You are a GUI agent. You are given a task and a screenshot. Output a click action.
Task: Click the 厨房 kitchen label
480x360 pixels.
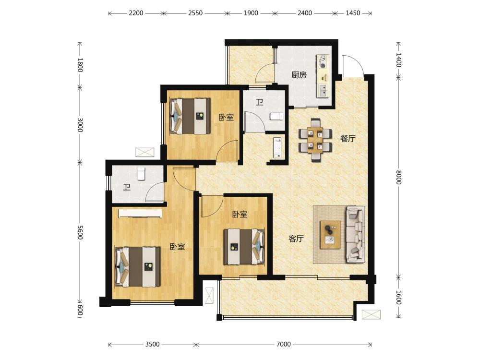[x=299, y=75]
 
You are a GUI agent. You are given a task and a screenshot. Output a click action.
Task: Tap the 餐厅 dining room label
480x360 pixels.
[x=348, y=138]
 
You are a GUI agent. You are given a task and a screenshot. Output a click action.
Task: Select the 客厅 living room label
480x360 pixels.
[x=296, y=239]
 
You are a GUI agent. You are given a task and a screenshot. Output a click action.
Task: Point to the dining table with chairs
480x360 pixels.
[x=315, y=140]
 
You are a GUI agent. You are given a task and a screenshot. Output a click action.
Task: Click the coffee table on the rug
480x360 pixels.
[x=330, y=235]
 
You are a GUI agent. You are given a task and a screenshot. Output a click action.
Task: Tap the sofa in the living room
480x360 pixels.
[x=355, y=235]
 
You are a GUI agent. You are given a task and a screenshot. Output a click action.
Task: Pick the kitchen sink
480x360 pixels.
[x=323, y=90]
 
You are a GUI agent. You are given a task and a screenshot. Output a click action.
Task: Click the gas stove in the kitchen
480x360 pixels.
[x=323, y=61]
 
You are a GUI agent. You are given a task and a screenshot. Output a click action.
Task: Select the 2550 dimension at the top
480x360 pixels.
[x=195, y=13]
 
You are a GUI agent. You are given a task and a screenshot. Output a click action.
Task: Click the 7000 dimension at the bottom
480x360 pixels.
[x=283, y=344]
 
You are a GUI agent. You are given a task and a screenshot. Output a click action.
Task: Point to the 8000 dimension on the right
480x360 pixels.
[x=398, y=177]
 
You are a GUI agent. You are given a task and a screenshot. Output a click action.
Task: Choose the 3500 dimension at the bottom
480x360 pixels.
[x=152, y=344]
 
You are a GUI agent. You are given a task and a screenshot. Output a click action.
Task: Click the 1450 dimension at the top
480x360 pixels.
[x=353, y=13]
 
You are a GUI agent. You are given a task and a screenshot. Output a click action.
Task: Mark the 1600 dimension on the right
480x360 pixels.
[x=398, y=298]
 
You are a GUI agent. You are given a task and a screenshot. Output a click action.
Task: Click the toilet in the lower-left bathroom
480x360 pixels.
[x=141, y=174]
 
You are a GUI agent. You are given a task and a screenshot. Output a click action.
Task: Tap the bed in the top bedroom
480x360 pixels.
[x=190, y=116]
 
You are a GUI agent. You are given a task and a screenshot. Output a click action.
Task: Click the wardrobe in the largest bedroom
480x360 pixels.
[x=140, y=214]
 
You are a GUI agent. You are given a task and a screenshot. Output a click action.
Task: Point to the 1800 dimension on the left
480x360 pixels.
[x=80, y=65]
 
